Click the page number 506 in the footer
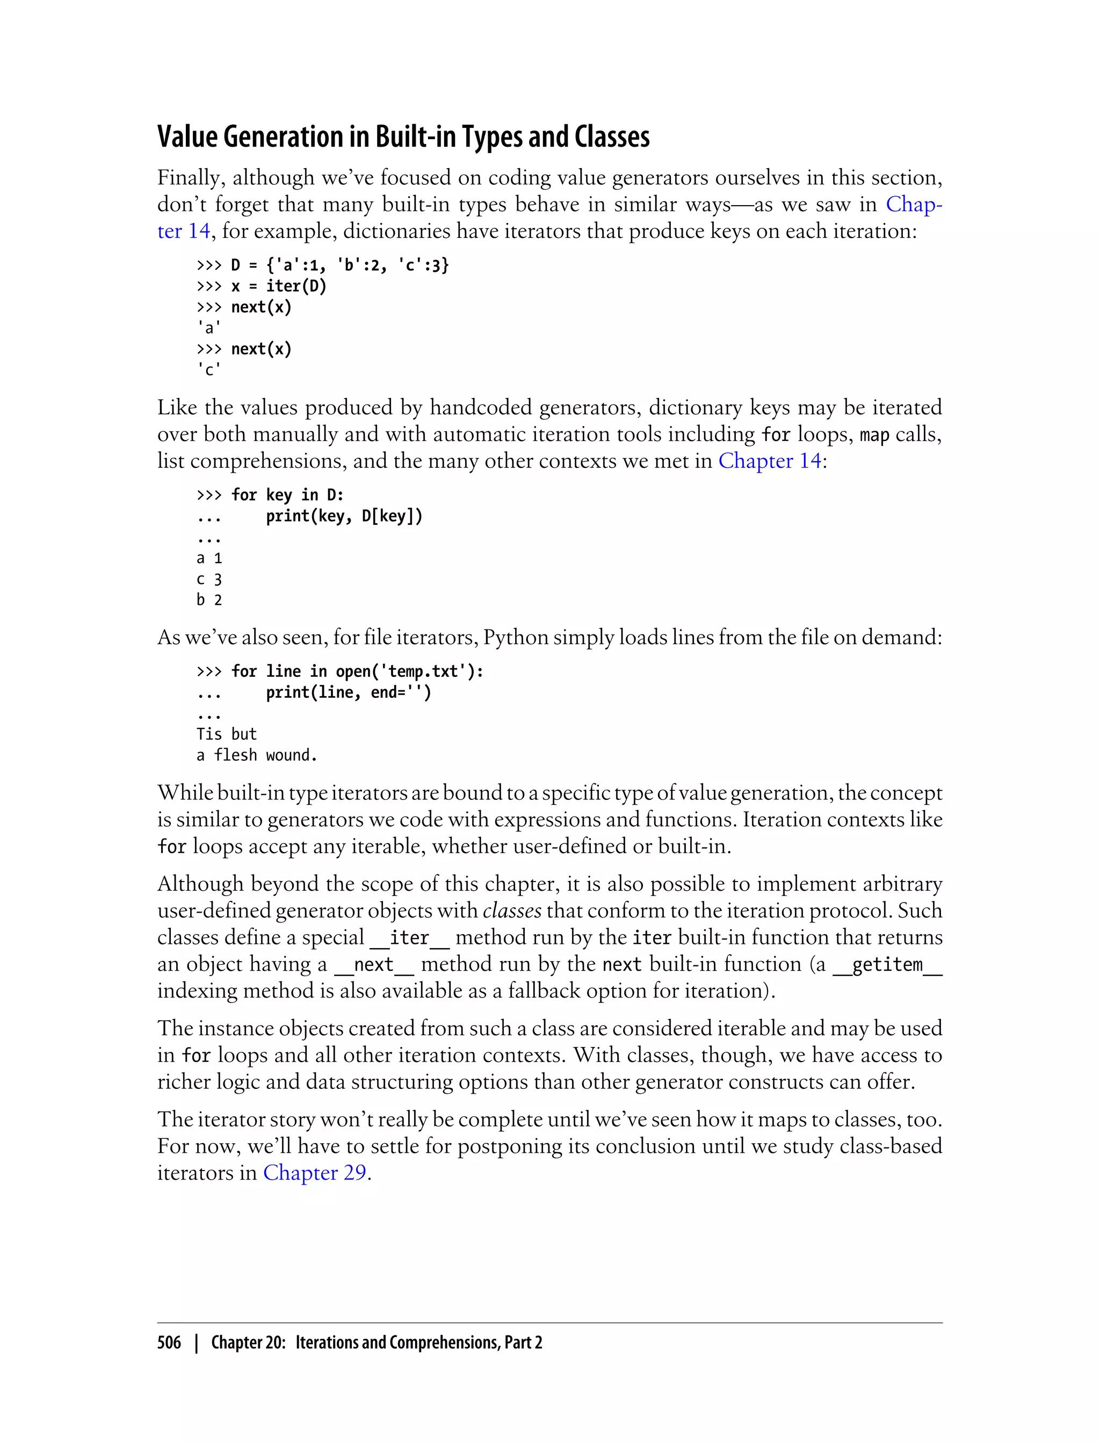point(169,1342)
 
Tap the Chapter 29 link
point(314,1172)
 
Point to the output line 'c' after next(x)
point(209,370)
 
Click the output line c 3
point(209,580)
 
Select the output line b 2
point(209,601)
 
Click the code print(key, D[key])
point(344,517)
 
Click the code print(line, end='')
point(349,693)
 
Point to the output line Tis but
point(226,734)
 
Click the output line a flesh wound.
point(257,755)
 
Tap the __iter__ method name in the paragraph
point(409,938)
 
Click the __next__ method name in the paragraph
point(373,965)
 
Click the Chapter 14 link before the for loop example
point(769,460)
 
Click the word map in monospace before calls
point(874,434)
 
